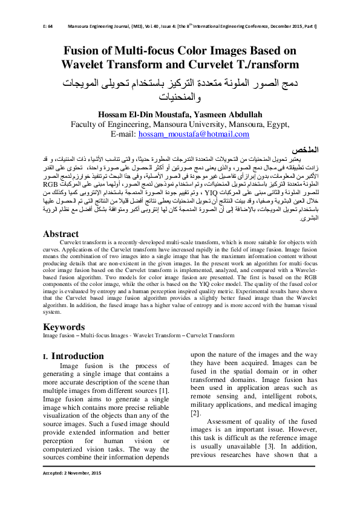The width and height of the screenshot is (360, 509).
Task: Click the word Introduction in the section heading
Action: coord(77,355)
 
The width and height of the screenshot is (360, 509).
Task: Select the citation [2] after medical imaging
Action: coord(195,413)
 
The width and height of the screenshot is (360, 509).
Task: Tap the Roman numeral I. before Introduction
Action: coord(46,356)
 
